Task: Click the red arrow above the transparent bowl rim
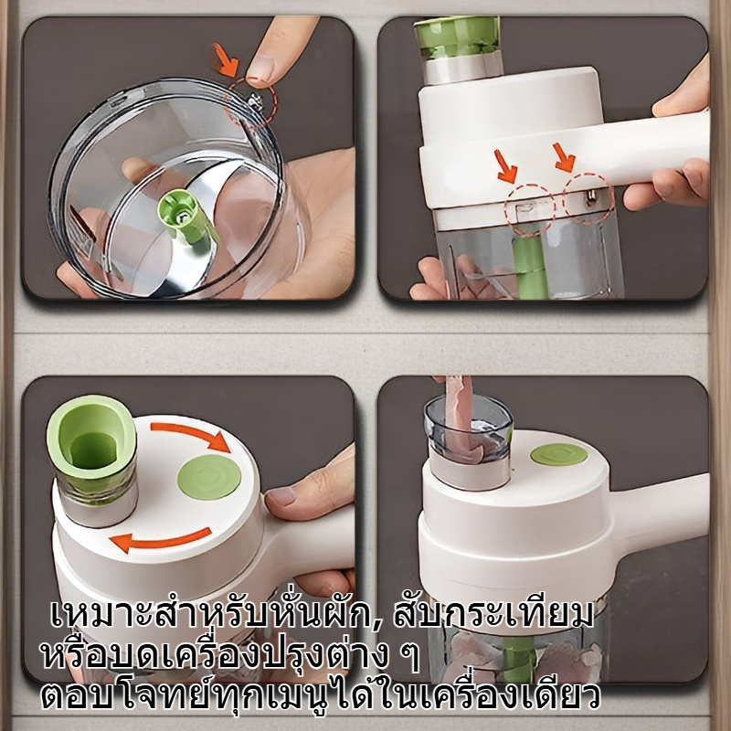[x=227, y=59]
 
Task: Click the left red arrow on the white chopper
[x=507, y=166]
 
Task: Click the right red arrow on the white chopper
[x=564, y=157]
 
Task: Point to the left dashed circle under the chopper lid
[x=531, y=209]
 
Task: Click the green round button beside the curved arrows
[x=209, y=476]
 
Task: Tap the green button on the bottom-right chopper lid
[x=559, y=454]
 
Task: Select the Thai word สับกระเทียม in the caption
[x=493, y=615]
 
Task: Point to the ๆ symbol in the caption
[x=410, y=657]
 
